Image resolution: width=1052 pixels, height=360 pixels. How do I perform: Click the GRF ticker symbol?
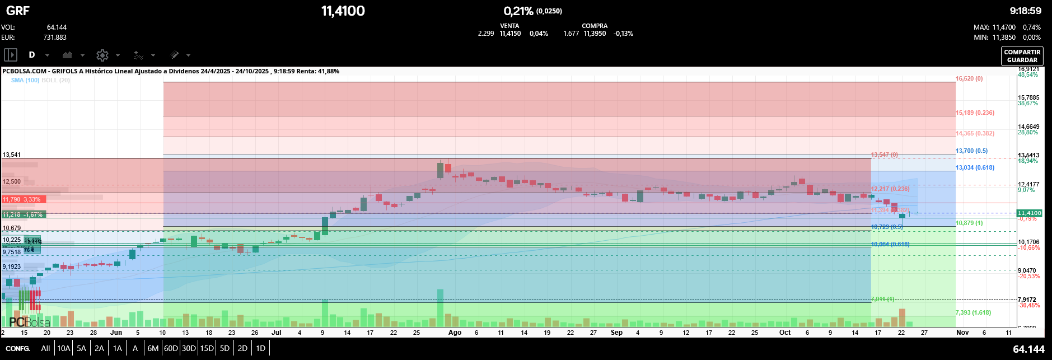18,11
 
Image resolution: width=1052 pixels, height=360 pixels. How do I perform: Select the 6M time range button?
153,348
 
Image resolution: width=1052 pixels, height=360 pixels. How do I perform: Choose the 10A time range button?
64,348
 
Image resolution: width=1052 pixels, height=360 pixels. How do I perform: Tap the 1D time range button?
260,348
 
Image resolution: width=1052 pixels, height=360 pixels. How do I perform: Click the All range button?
45,348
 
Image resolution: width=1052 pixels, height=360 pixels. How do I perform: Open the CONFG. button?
18,348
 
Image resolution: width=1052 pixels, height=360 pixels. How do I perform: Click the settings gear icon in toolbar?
102,55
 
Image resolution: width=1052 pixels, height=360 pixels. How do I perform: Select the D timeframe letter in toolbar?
32,55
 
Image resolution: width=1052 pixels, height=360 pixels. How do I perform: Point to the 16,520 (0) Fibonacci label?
969,79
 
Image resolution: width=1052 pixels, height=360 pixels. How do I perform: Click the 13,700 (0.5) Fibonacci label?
971,151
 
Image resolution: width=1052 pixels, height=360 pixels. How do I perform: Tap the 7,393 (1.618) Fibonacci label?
973,313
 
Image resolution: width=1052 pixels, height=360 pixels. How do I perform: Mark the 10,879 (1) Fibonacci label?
969,223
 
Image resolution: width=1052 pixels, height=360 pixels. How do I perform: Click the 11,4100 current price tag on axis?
1029,213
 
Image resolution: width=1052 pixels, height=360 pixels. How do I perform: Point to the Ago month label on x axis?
455,333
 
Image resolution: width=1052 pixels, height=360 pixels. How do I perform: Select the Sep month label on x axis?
616,333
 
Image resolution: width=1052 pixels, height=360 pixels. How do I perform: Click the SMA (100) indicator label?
25,81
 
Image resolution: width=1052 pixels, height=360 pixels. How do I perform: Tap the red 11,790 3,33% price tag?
22,199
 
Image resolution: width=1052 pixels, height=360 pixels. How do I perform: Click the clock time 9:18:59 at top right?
1025,11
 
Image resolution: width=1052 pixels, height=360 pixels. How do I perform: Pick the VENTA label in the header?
509,26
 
